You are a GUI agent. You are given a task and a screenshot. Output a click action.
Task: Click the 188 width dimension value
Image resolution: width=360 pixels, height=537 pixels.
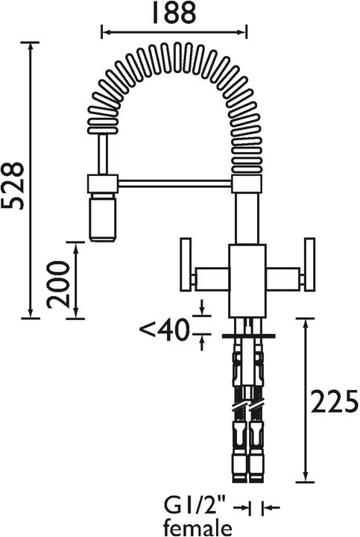pos(174,13)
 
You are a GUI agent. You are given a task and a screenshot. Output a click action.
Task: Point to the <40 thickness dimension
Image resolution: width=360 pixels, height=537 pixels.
pos(165,328)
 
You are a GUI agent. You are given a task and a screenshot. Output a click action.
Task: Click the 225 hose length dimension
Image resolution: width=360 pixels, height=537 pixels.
pos(334,403)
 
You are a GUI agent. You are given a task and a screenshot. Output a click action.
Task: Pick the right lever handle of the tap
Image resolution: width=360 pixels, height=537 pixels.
pos(309,266)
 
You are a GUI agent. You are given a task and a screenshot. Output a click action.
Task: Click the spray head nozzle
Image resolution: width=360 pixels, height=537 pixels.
pos(103,217)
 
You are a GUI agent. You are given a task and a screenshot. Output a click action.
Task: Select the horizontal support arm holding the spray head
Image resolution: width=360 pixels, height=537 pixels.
pos(175,182)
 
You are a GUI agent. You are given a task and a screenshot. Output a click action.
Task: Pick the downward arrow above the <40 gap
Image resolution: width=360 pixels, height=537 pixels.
pos(202,312)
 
